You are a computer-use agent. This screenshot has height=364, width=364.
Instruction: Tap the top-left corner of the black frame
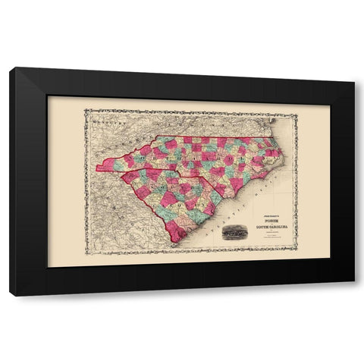tap(11, 68)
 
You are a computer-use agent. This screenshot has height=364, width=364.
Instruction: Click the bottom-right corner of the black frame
tap(353, 295)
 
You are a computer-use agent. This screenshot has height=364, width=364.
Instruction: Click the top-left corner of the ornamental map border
tap(86, 111)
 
